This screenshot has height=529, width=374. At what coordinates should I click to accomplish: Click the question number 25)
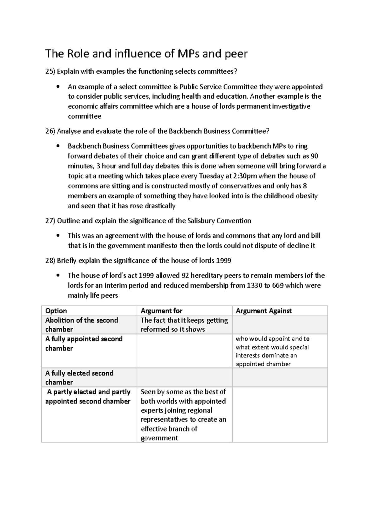[50, 71]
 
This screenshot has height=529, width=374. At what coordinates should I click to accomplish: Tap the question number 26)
[50, 131]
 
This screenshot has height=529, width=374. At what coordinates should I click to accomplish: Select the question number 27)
[50, 221]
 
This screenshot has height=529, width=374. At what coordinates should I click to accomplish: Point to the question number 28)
[50, 261]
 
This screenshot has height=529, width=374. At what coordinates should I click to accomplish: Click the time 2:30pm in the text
[245, 176]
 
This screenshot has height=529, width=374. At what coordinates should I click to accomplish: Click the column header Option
[56, 311]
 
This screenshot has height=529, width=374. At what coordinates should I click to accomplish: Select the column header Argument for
[161, 311]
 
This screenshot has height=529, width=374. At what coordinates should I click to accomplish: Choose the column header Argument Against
[264, 311]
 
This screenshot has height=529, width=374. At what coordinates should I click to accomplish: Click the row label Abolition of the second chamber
[82, 325]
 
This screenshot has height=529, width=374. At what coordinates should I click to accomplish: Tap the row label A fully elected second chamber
[79, 378]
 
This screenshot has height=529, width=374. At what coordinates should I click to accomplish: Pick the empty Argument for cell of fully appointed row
[185, 351]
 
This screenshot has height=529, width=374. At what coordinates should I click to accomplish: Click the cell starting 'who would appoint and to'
[272, 351]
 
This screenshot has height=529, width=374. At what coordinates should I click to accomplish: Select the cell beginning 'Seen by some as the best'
[184, 414]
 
